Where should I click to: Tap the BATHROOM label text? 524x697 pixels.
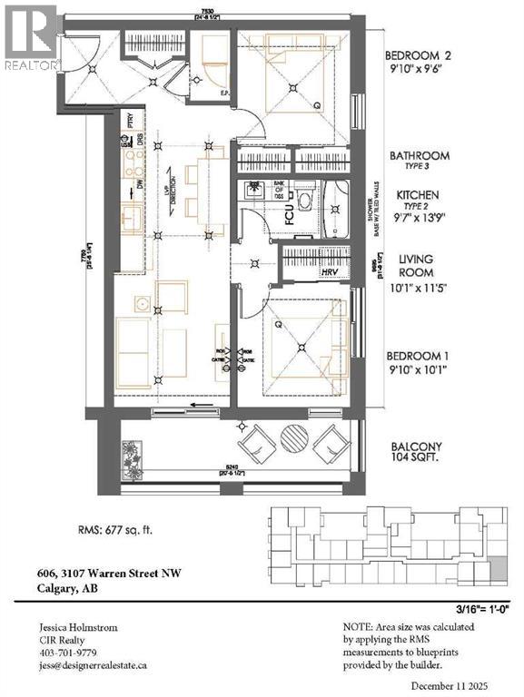419,156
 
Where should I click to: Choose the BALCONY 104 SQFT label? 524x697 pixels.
417,447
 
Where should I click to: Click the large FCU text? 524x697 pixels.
289,212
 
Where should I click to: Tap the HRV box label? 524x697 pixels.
330,270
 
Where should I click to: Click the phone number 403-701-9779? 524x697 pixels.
68,653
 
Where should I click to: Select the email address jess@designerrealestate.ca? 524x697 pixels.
94,665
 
